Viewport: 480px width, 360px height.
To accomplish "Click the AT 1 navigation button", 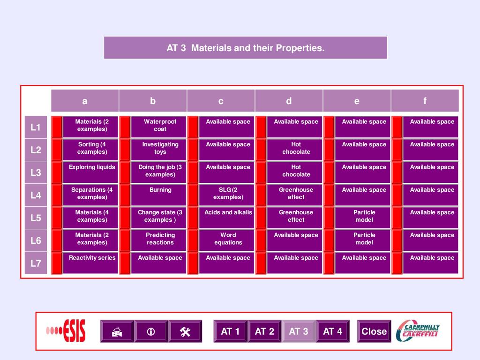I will [230, 331].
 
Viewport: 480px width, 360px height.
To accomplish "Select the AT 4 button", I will [332, 331].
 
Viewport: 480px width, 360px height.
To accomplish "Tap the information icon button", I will [150, 331].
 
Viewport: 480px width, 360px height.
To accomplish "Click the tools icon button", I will [185, 331].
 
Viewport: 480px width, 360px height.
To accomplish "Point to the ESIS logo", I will [66, 331].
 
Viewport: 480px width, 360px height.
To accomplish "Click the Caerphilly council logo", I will [418, 331].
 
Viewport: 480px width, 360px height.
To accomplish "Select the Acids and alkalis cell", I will [228, 217].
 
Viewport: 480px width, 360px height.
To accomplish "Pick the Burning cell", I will [160, 194].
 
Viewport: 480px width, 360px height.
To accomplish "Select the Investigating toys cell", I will [160, 149].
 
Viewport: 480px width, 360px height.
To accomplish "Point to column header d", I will [289, 101].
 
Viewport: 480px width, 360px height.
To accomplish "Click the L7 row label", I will [36, 263].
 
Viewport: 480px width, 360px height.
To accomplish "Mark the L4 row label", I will [36, 195].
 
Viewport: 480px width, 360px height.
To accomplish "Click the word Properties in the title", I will [300, 48].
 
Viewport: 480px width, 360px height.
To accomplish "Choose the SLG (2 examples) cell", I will [228, 194].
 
